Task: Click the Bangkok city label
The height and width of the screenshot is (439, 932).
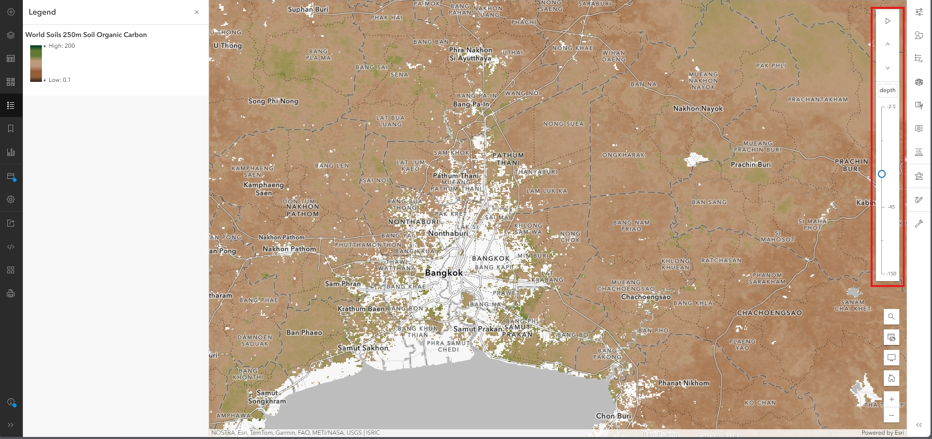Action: click(x=443, y=273)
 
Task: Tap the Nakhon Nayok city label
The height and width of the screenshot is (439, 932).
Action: click(x=698, y=109)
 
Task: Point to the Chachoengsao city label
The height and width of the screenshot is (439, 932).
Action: click(x=646, y=297)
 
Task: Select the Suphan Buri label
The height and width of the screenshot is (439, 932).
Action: click(x=308, y=9)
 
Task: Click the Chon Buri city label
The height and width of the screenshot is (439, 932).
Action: click(x=613, y=416)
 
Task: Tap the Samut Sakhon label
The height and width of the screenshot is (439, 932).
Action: click(x=363, y=348)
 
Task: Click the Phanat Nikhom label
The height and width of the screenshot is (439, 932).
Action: click(x=684, y=383)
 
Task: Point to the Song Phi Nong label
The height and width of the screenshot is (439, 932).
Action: click(x=273, y=101)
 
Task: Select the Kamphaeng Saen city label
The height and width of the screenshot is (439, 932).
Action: click(x=264, y=189)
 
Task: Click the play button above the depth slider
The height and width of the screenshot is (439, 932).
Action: click(x=888, y=21)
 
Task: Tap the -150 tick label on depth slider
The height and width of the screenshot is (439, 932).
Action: click(x=891, y=274)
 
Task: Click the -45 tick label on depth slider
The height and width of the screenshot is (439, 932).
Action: click(x=891, y=207)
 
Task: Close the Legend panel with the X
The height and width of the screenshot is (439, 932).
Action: click(x=197, y=12)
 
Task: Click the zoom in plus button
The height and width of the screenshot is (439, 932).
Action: click(x=891, y=400)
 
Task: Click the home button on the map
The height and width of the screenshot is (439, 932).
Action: click(x=891, y=378)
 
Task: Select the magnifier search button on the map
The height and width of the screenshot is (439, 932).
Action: click(x=891, y=317)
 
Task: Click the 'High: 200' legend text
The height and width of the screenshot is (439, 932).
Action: click(x=62, y=46)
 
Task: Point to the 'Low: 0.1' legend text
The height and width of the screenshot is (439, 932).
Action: click(x=59, y=80)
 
